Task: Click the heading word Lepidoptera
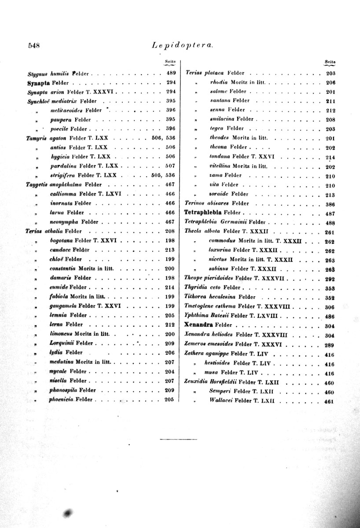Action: pos(182,44)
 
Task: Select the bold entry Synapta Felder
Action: pos(37,82)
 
